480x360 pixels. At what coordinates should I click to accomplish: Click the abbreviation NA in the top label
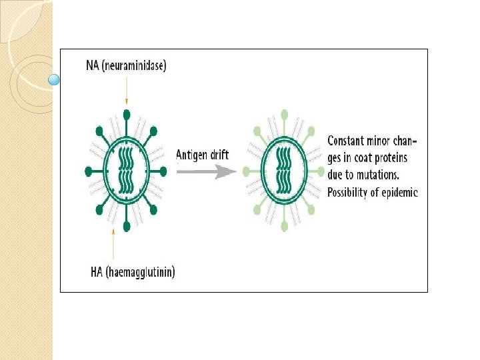[93, 65]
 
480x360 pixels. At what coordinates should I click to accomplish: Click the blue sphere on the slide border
[55, 81]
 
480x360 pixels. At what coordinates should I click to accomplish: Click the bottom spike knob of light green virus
[285, 227]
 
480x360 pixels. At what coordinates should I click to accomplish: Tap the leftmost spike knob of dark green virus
[89, 171]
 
